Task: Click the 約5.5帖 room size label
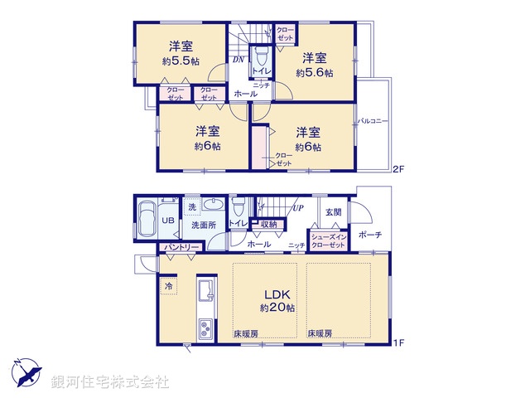[181, 61]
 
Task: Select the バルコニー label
[373, 122]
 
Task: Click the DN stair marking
[237, 61]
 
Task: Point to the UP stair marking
[296, 207]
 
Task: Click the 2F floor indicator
[397, 170]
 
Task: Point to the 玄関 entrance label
[332, 211]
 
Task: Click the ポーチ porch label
[369, 235]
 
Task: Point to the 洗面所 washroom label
[203, 224]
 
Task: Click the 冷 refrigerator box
[168, 286]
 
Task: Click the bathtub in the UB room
[147, 220]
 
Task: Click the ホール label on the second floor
[245, 95]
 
